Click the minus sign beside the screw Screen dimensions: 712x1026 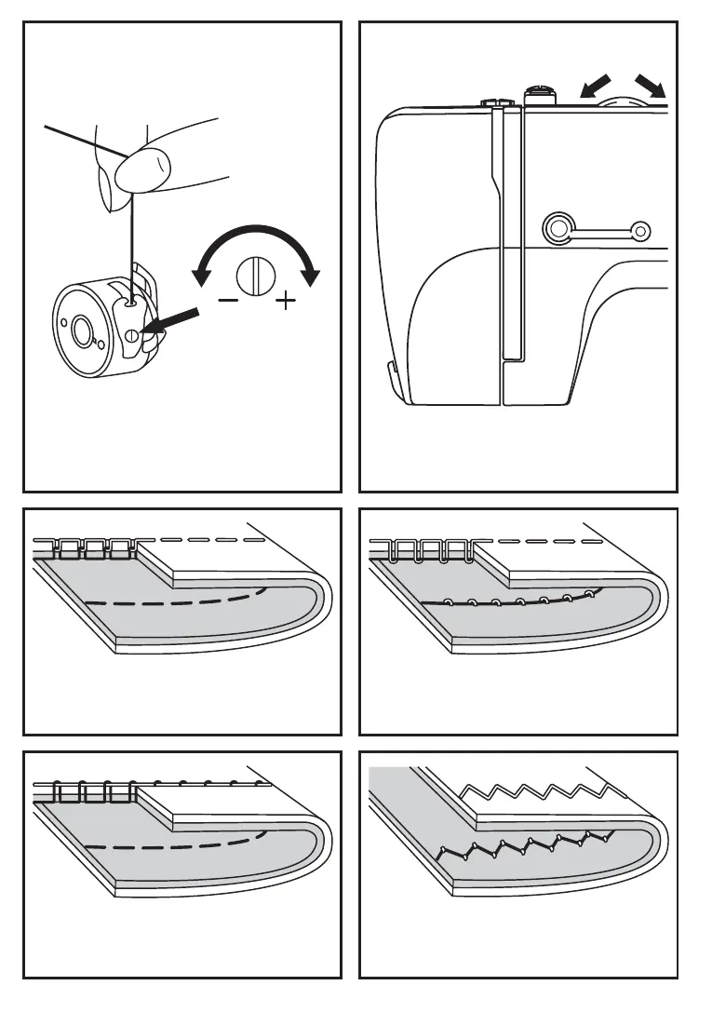(x=227, y=301)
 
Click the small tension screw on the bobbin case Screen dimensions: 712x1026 (x=133, y=333)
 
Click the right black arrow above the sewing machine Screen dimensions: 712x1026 (x=655, y=87)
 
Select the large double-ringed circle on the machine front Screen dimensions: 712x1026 (x=558, y=227)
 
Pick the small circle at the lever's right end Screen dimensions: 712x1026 (x=639, y=229)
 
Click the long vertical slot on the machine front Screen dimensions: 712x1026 (x=511, y=233)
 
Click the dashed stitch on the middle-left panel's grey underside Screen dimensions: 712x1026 (x=177, y=600)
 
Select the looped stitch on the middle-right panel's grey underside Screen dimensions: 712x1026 (x=512, y=600)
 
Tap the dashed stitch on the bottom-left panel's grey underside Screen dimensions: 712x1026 (x=177, y=844)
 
